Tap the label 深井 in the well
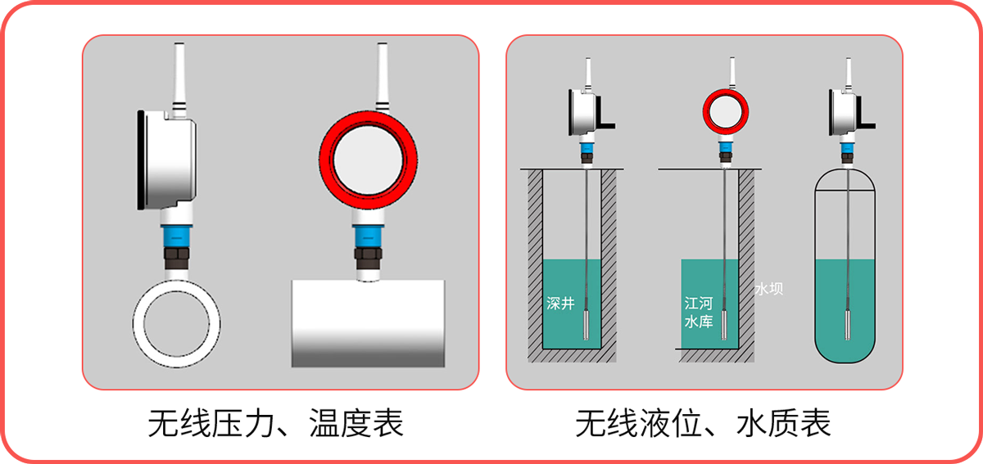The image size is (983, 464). click(x=560, y=303)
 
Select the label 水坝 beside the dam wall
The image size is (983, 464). click(x=769, y=289)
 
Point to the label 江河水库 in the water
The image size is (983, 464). click(x=699, y=313)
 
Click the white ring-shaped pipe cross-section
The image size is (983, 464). click(x=177, y=332)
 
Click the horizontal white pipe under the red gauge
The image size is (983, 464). click(x=369, y=322)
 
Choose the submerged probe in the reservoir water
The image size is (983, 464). click(x=725, y=323)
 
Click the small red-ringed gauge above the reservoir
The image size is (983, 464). click(x=725, y=113)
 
